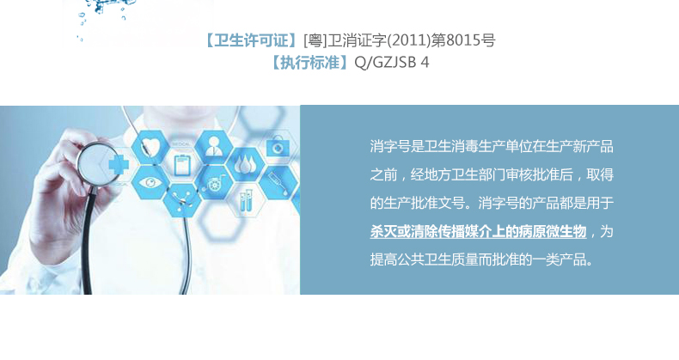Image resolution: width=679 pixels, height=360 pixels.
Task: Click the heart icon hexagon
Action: (x=150, y=146)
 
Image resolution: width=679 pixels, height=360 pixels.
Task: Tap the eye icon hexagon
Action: (x=150, y=182)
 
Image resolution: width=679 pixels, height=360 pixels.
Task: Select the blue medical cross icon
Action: (x=119, y=164)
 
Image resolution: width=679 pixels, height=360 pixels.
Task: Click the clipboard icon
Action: (x=182, y=164)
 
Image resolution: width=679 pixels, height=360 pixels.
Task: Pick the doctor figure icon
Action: (x=213, y=146)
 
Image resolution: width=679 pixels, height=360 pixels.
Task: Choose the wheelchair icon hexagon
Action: (x=214, y=184)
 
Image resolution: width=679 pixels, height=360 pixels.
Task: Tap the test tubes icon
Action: (x=246, y=202)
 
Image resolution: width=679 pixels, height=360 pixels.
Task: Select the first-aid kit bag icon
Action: (x=276, y=146)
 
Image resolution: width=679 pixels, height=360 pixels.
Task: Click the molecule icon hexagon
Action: (x=182, y=200)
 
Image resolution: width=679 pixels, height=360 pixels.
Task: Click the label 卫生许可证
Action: (x=251, y=40)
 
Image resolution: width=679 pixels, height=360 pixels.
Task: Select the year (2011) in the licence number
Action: (x=409, y=40)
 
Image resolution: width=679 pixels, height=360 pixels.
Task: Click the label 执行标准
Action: (x=310, y=63)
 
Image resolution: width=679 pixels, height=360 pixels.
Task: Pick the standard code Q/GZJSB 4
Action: (x=391, y=63)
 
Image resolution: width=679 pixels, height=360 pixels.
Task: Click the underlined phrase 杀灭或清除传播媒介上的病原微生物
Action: (x=478, y=231)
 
